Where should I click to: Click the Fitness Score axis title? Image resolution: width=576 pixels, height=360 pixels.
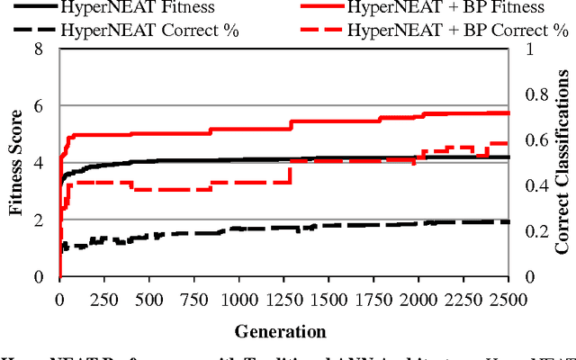[x=16, y=163]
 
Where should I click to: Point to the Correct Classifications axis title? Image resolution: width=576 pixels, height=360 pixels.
[x=562, y=163]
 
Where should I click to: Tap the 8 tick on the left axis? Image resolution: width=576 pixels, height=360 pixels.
[x=40, y=49]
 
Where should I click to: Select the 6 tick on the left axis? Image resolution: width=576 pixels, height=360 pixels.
[x=40, y=106]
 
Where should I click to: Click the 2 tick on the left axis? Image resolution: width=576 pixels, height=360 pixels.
[x=40, y=220]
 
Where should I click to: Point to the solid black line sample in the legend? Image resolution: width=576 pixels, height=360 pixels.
[x=29, y=8]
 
